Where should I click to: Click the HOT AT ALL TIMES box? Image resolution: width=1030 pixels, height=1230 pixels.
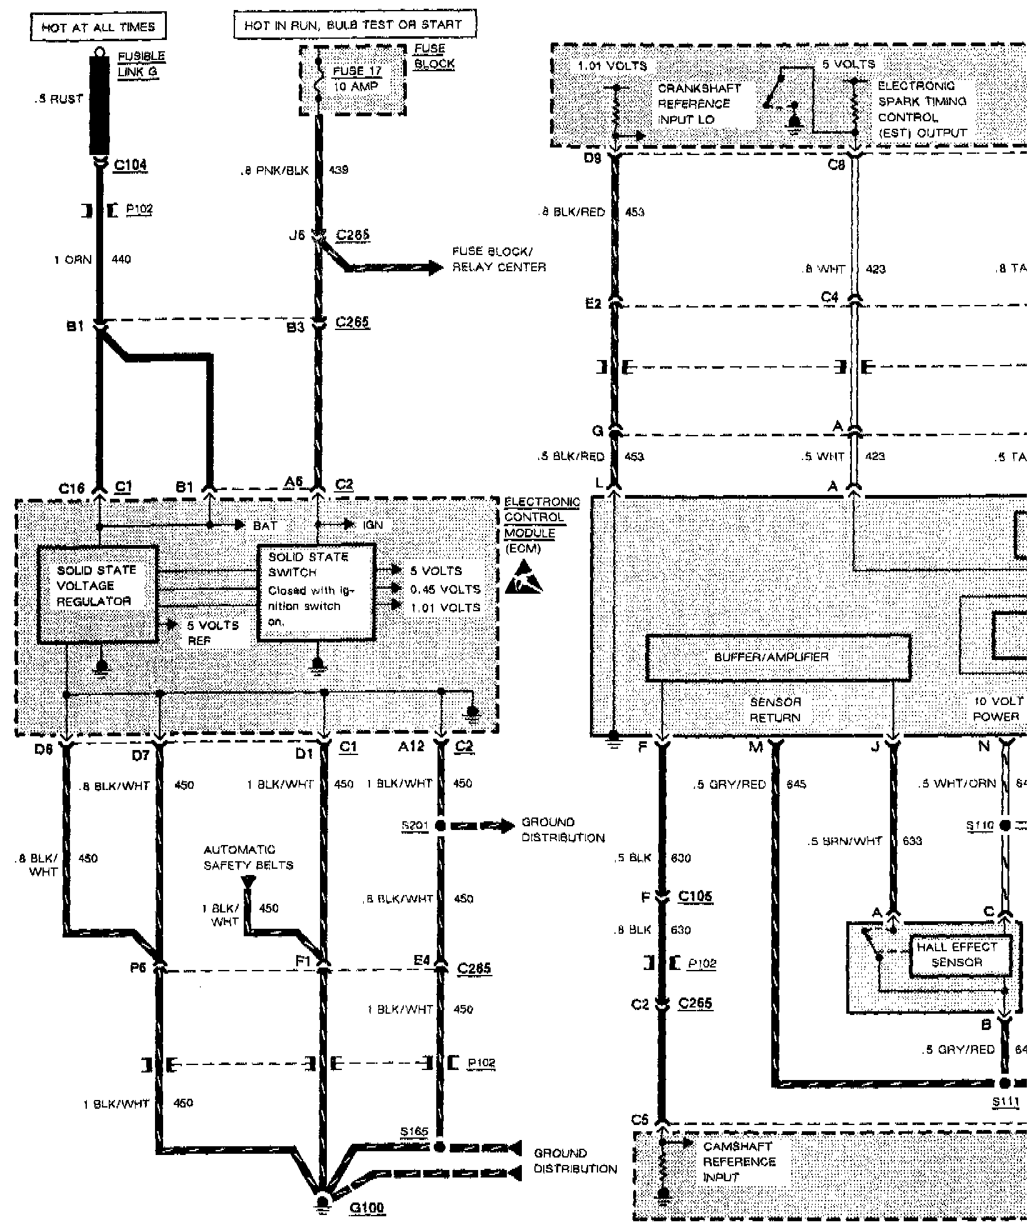(97, 27)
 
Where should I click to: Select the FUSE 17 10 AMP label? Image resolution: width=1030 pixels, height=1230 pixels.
(356, 79)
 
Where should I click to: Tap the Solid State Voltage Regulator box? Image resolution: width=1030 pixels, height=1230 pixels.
(97, 594)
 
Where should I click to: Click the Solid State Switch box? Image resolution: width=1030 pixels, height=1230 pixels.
(316, 591)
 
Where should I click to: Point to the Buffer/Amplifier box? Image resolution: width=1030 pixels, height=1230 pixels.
(777, 657)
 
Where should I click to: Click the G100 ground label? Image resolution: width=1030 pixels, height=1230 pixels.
(367, 1207)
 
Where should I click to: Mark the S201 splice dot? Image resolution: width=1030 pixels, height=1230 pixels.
(441, 826)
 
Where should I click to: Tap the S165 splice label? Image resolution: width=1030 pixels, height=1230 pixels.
(414, 1131)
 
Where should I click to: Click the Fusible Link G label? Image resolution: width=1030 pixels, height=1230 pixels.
(141, 64)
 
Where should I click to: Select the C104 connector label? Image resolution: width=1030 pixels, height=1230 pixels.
(130, 165)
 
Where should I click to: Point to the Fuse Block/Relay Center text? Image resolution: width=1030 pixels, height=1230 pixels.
(499, 259)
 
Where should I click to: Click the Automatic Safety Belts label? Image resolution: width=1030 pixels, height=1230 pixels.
(248, 857)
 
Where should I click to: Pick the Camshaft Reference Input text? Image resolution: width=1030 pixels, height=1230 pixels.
(739, 1162)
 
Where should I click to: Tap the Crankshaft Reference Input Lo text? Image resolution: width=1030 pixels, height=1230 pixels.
(699, 104)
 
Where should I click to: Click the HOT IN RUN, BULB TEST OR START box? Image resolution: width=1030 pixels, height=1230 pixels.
(354, 25)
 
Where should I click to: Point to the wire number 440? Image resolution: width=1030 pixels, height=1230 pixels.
(121, 259)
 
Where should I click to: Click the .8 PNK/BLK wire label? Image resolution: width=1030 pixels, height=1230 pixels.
(275, 170)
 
